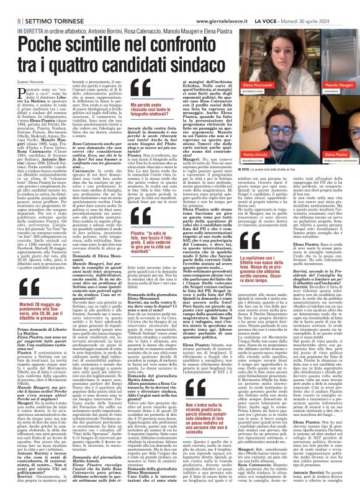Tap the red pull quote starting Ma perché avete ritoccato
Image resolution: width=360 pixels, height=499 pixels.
(148, 109)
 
